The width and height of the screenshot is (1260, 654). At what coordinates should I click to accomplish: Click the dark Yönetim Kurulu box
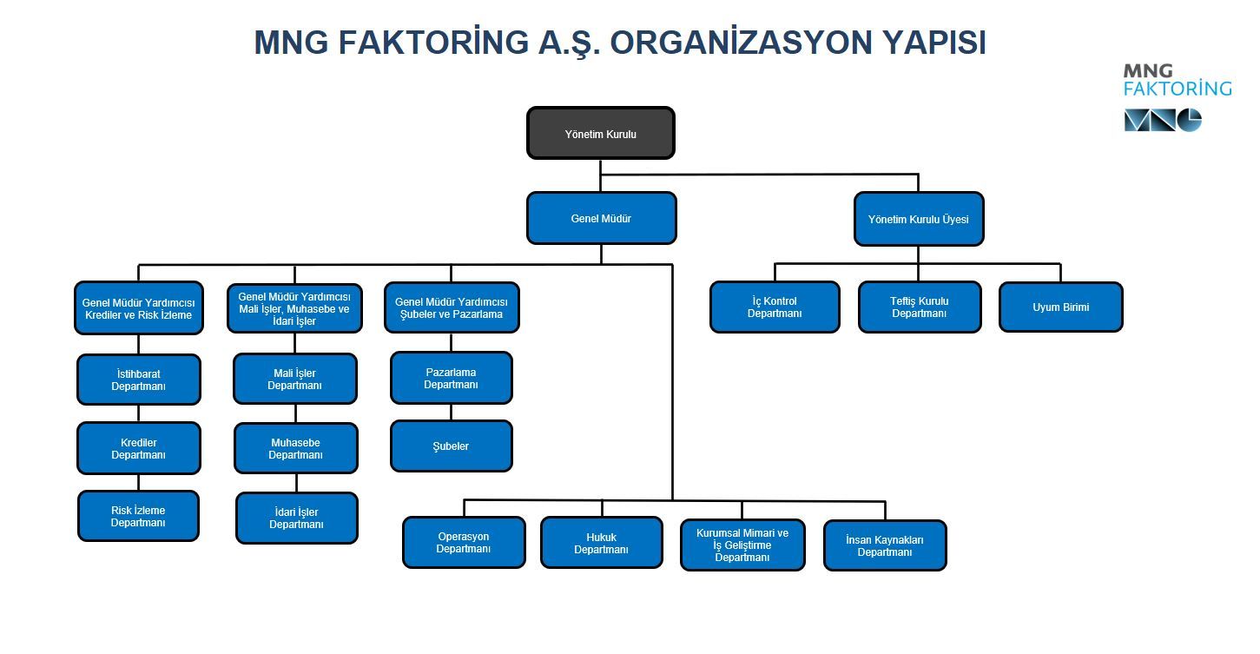click(600, 134)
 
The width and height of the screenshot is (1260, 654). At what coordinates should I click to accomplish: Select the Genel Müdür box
click(601, 218)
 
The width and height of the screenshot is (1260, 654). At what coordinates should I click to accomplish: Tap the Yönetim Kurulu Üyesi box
click(918, 219)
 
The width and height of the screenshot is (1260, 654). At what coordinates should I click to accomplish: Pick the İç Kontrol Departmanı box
click(775, 307)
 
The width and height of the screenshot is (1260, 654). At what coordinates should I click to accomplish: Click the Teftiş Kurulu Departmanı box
click(919, 307)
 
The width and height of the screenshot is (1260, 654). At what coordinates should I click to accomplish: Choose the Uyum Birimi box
click(1060, 307)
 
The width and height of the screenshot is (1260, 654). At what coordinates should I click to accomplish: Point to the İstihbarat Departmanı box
click(138, 380)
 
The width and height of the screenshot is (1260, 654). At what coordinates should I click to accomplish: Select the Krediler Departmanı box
click(138, 448)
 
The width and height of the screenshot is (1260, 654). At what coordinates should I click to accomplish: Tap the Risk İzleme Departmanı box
click(138, 516)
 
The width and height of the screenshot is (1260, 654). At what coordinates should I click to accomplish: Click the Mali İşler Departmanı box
click(294, 379)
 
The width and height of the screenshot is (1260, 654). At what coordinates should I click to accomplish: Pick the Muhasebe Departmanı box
click(295, 448)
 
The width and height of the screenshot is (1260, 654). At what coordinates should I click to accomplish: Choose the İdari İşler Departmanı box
click(296, 518)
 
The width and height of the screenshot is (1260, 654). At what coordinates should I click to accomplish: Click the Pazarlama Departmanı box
click(451, 378)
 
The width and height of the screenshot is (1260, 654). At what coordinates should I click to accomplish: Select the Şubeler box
click(451, 446)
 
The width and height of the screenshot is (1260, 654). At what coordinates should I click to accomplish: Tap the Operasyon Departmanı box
click(464, 542)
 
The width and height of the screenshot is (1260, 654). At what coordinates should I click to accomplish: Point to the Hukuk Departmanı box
click(601, 543)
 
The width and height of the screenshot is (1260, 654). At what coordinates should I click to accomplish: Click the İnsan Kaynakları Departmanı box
click(884, 545)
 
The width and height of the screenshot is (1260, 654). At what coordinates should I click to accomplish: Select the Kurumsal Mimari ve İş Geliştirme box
click(742, 545)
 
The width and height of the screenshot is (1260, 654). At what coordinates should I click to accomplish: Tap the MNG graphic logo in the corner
click(1162, 120)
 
